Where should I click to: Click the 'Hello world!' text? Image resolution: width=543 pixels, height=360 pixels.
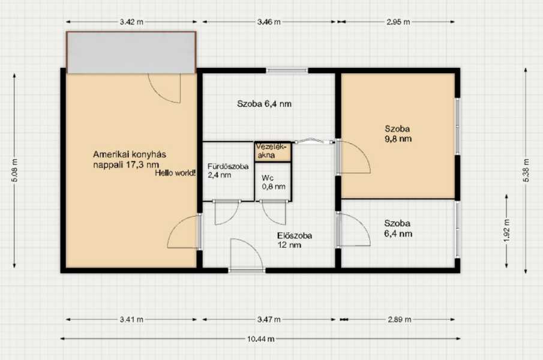pyautogui.click(x=175, y=173)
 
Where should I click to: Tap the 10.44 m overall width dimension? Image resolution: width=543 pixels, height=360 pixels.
pyautogui.click(x=261, y=339)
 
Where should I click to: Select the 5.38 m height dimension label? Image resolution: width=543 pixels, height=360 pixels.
pyautogui.click(x=526, y=170)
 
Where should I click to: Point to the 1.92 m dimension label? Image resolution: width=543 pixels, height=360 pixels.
pyautogui.click(x=506, y=231)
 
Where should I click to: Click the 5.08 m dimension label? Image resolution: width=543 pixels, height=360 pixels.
pyautogui.click(x=14, y=170)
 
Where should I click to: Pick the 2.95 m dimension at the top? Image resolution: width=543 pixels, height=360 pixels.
pyautogui.click(x=398, y=22)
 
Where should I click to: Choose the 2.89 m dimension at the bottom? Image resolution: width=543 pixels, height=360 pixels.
pyautogui.click(x=399, y=319)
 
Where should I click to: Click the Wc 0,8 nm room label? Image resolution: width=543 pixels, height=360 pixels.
pyautogui.click(x=274, y=182)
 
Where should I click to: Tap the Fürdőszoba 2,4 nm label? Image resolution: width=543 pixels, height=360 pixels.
pyautogui.click(x=228, y=170)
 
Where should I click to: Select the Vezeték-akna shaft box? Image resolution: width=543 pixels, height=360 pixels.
pyautogui.click(x=273, y=152)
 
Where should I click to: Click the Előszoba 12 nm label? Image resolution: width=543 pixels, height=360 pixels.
pyautogui.click(x=295, y=240)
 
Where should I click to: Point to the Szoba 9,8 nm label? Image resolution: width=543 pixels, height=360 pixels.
pyautogui.click(x=398, y=134)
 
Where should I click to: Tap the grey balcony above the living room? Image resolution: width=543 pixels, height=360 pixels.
pyautogui.click(x=131, y=53)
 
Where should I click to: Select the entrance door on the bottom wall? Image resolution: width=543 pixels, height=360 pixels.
pyautogui.click(x=247, y=255)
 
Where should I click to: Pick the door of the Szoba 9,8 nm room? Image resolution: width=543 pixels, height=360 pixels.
pyautogui.click(x=353, y=157)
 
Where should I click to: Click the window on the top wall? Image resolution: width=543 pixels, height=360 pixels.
pyautogui.click(x=287, y=70)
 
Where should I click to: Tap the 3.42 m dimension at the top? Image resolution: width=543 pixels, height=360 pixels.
pyautogui.click(x=131, y=22)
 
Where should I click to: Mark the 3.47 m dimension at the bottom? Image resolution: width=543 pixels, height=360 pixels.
pyautogui.click(x=269, y=319)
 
